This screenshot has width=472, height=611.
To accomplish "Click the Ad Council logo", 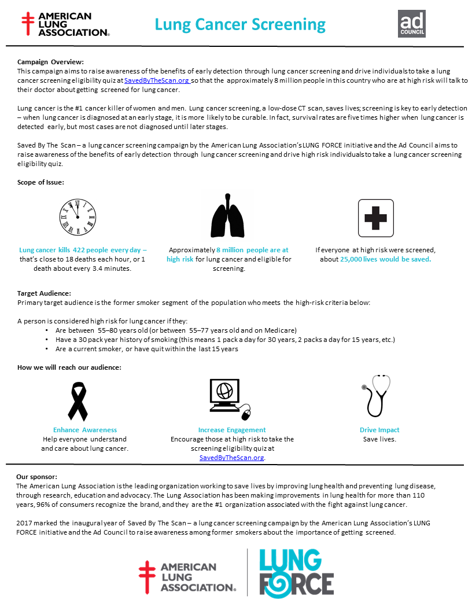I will click(x=411, y=24).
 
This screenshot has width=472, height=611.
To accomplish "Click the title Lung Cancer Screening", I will click(x=240, y=24).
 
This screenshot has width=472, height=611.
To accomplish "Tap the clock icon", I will click(x=77, y=218).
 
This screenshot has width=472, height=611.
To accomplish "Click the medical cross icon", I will click(x=375, y=218).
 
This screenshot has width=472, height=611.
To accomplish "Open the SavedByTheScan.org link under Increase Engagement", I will click(x=231, y=457).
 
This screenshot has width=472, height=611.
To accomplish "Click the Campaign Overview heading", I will click(x=50, y=61).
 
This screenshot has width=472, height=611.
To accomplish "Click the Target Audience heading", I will click(x=44, y=293).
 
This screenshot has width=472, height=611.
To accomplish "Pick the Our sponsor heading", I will click(x=36, y=476).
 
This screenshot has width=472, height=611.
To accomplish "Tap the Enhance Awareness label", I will click(x=85, y=430).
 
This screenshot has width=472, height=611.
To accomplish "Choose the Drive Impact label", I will click(x=379, y=430).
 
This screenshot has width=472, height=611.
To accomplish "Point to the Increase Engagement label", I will click(x=232, y=430).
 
